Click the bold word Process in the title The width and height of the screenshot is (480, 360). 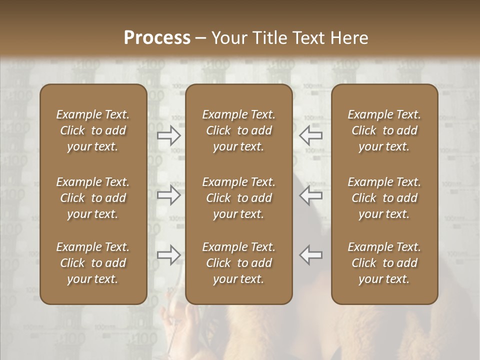(x=157, y=38)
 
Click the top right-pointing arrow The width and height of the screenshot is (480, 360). (x=169, y=135)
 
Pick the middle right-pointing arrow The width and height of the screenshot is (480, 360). (x=169, y=195)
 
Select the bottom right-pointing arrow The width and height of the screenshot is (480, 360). (x=169, y=255)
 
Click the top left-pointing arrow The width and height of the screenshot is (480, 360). (x=311, y=135)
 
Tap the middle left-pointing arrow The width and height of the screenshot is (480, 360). (x=311, y=195)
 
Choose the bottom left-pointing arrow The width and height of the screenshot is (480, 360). (x=311, y=255)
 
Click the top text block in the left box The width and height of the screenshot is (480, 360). (x=93, y=130)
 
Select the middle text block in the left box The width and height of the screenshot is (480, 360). (x=93, y=198)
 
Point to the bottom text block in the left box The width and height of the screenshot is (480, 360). (x=93, y=263)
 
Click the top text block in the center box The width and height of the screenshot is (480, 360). (x=238, y=130)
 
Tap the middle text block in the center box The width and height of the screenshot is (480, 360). (x=238, y=198)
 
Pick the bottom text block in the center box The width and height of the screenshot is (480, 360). (x=238, y=263)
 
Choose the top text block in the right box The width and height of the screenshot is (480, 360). (x=384, y=130)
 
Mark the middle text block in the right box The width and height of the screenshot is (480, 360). (x=384, y=198)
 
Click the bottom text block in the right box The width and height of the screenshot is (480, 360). (x=384, y=263)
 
